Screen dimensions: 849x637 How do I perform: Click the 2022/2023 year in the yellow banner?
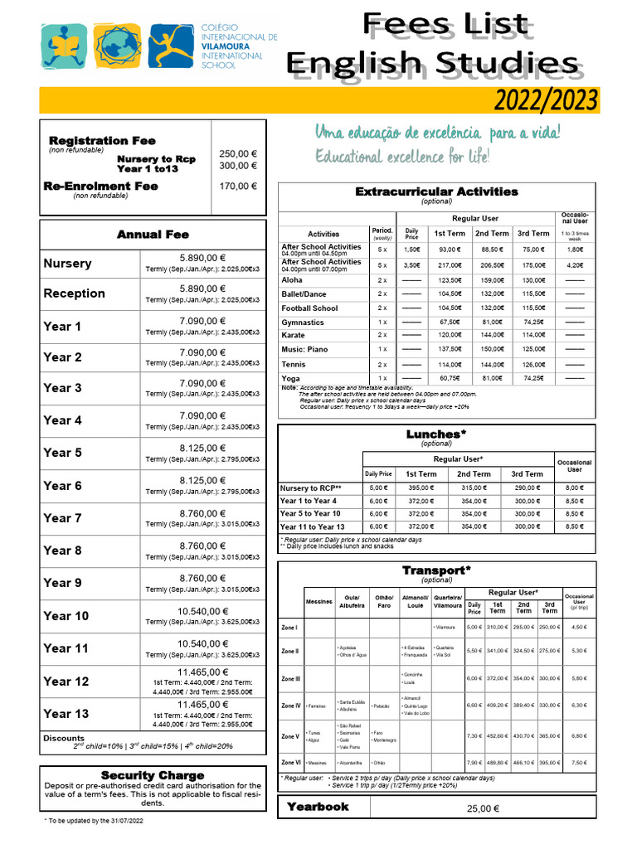pos(546,100)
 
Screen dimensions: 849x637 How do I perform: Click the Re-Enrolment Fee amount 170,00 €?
pos(238,187)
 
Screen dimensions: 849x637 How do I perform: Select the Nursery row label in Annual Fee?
pos(67,264)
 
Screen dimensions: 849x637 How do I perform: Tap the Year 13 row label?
pos(66,714)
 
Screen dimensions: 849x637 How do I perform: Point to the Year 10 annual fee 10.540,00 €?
pos(202,611)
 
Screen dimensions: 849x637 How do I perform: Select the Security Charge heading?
pos(152,775)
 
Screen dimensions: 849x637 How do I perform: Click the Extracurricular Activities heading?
pos(436,192)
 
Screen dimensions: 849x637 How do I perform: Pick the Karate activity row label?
pos(293,335)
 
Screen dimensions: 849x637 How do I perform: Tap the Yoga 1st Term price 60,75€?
pos(450,378)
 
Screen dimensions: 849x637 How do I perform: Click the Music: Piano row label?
pos(304,350)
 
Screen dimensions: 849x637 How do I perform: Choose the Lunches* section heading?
pos(436,434)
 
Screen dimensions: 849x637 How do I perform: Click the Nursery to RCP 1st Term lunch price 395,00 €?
pos(421,488)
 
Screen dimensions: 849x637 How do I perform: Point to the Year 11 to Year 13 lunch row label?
pos(312,526)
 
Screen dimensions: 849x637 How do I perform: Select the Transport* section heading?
pos(436,570)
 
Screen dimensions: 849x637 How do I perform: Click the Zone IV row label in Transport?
pos(291,706)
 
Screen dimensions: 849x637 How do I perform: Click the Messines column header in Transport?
pos(318,600)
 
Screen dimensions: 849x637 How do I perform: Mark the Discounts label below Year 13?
pos(63,738)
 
